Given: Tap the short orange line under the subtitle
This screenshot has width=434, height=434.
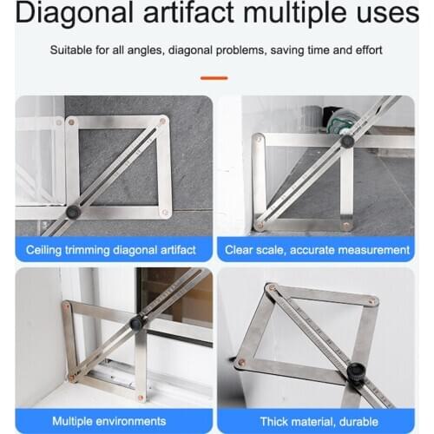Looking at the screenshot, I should (215, 78).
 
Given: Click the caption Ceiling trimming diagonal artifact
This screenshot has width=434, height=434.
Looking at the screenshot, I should (110, 250).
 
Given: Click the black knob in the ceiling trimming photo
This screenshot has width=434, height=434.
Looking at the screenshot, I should (73, 212).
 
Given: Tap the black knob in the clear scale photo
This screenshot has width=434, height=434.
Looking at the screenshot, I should (347, 141).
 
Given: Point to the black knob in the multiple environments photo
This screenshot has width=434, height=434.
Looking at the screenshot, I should (136, 324).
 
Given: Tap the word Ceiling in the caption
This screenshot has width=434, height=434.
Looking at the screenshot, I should (44, 250).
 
